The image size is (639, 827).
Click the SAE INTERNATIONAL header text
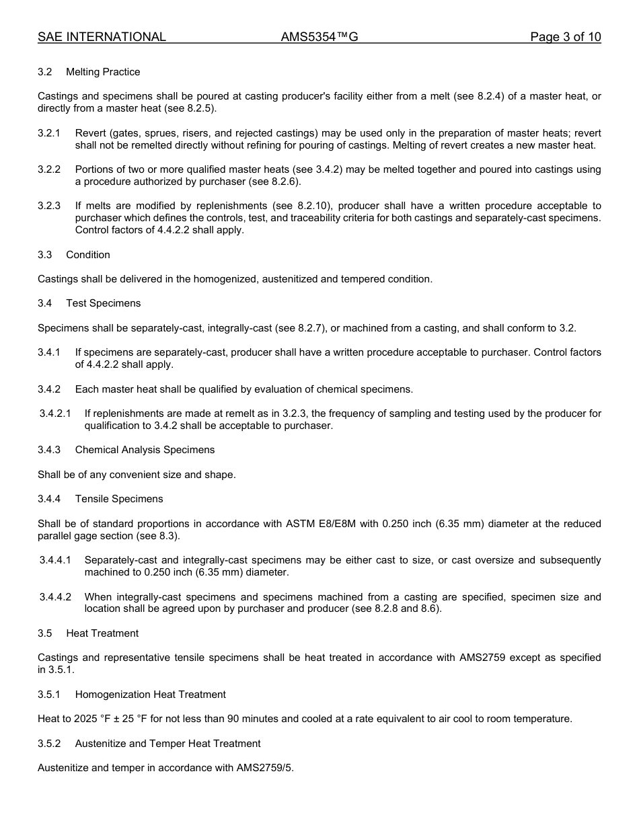(102, 37)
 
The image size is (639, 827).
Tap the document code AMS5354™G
(319, 37)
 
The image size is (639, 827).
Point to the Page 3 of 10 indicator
(566, 37)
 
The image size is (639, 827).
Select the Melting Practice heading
(103, 72)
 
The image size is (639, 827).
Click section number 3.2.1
(49, 133)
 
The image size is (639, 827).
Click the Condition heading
(88, 255)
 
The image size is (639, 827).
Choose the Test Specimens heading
(104, 303)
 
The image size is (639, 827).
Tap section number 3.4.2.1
(55, 413)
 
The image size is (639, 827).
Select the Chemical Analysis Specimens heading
(145, 450)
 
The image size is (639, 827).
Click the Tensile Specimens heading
(119, 499)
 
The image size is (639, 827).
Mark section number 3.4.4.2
(55, 597)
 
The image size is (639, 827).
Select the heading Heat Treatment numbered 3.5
(102, 633)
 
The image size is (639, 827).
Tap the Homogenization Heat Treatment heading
(150, 695)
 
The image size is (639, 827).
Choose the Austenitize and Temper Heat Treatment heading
(167, 744)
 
